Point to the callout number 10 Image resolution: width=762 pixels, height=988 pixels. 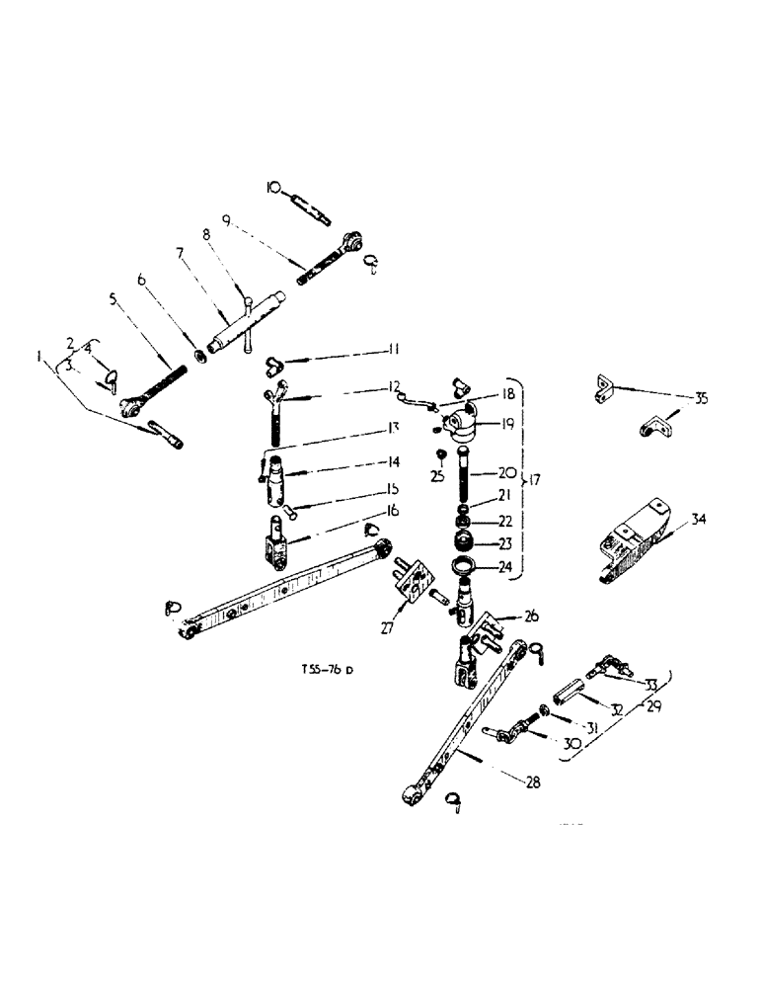click(x=272, y=187)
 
